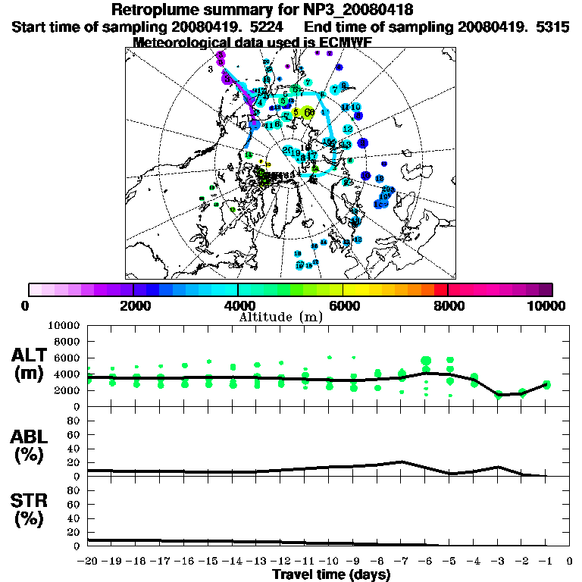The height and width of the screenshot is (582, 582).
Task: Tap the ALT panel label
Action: click(x=33, y=355)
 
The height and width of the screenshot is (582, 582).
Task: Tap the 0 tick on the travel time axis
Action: click(x=570, y=562)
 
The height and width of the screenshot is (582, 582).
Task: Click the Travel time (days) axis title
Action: click(x=331, y=575)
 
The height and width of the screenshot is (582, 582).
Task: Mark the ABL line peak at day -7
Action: click(x=402, y=462)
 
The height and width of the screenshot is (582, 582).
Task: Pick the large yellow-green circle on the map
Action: click(x=306, y=113)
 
